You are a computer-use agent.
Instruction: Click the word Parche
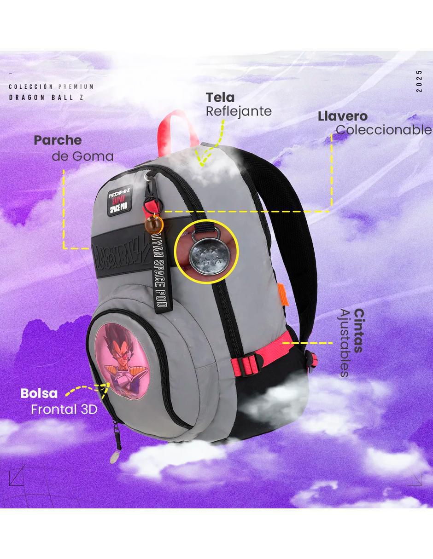tap(58, 140)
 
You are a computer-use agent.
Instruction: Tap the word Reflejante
tap(239, 112)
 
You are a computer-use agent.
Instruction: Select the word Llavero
tap(343, 116)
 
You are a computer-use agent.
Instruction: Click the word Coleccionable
tap(384, 130)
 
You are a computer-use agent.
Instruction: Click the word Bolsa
tap(39, 393)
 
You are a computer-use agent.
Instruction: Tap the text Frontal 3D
tap(64, 409)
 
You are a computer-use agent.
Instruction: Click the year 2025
tap(420, 81)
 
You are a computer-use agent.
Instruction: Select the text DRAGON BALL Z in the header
tap(47, 98)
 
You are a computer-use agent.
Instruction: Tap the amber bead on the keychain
tap(154, 223)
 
